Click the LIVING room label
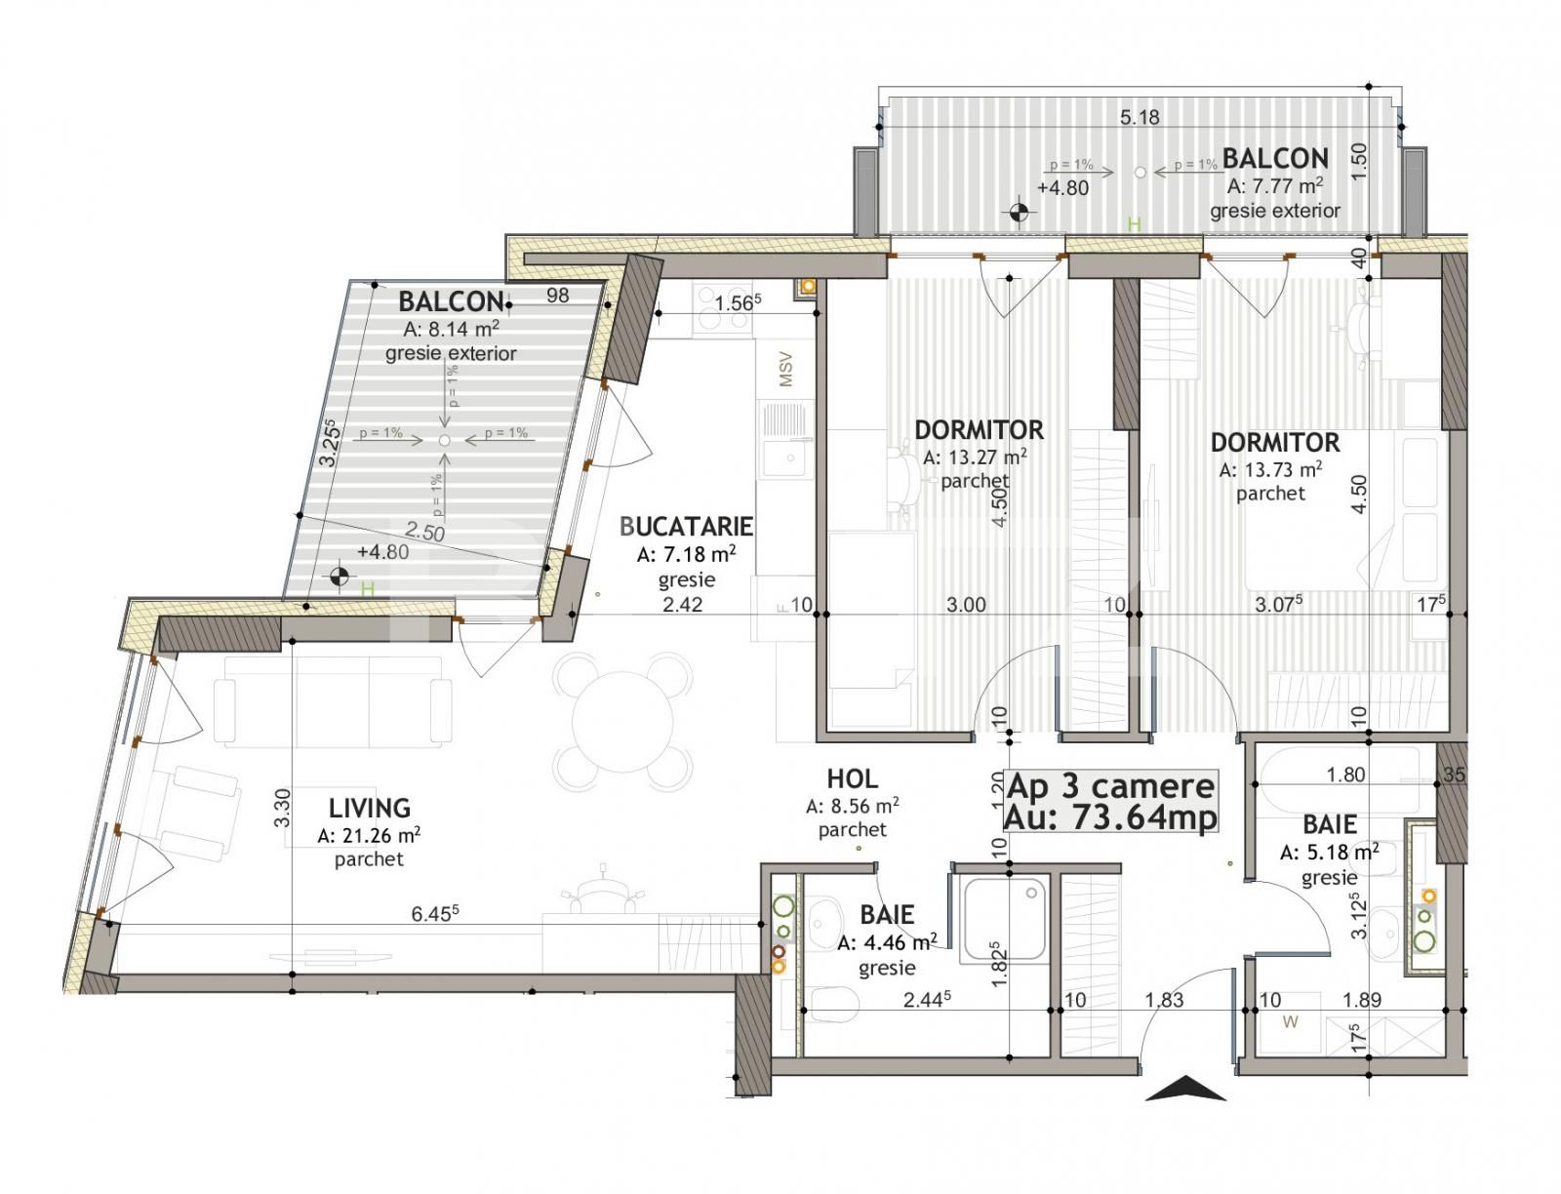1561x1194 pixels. tap(369, 808)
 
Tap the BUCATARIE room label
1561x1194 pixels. tap(686, 527)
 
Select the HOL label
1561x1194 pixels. tap(852, 778)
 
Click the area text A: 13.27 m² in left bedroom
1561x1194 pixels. tap(975, 457)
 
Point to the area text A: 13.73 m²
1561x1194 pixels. tap(1270, 469)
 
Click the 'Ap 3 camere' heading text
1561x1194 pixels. tap(1110, 786)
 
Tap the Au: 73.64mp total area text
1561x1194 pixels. tap(1110, 817)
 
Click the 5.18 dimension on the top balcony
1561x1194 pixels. tap(1140, 118)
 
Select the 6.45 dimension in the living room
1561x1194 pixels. tap(435, 914)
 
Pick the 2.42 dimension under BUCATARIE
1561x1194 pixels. tap(682, 605)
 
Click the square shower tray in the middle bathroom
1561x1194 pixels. tap(1005, 918)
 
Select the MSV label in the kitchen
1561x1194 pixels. tap(786, 370)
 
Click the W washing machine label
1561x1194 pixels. tap(1291, 1022)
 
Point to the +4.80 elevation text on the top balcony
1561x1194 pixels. tap(1062, 187)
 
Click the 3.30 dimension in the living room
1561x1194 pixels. tap(280, 808)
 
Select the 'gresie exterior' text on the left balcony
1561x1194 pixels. tap(451, 353)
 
